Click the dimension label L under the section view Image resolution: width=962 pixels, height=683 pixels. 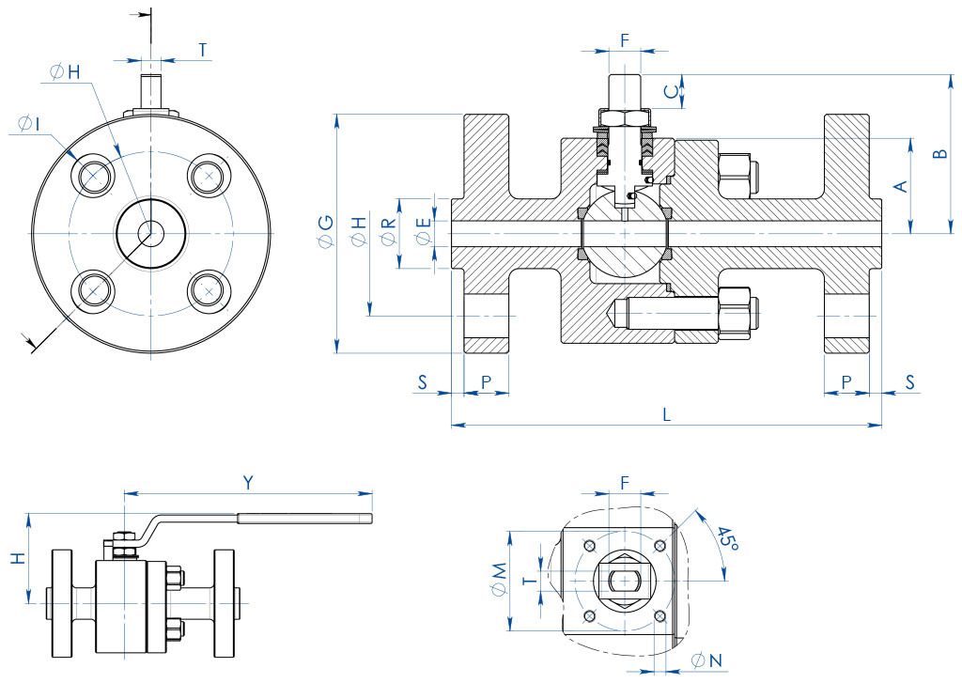coord(666,413)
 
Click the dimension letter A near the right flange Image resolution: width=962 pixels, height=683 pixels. coord(900,186)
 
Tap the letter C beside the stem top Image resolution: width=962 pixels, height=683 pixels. coord(670,91)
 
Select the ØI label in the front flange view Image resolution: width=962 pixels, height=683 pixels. coord(28,124)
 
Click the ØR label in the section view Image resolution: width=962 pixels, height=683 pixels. coord(387,231)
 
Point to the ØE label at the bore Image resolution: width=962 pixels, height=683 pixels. coord(424,231)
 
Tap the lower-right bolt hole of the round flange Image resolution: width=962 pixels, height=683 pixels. coord(208,291)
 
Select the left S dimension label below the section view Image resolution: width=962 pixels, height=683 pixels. coord(423,381)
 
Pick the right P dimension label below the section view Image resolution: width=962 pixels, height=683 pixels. coord(846,381)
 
